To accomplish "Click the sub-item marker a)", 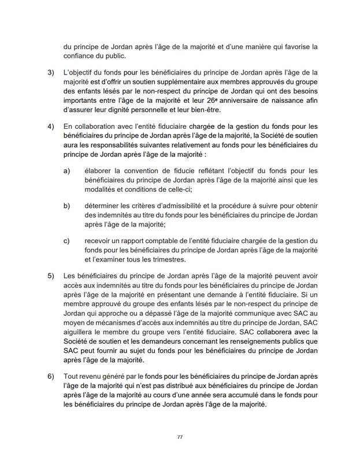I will pos(66,172).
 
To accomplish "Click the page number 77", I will pos(180,437).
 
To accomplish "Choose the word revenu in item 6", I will pos(89,376).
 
